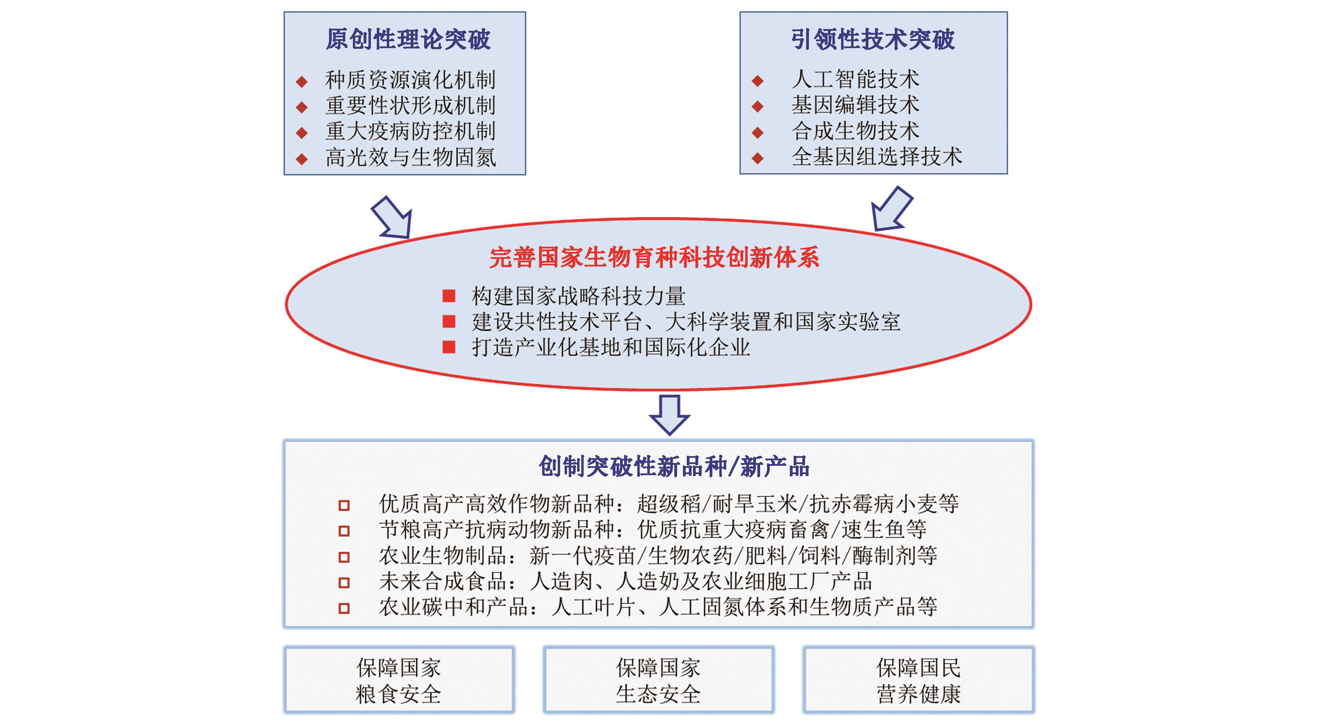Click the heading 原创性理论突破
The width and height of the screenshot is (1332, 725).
(408, 39)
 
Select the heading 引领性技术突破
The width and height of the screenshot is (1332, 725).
(873, 39)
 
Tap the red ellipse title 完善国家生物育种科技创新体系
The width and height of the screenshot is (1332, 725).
(654, 257)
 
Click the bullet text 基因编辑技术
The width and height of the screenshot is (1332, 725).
(855, 105)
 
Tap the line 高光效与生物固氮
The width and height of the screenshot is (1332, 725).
(411, 157)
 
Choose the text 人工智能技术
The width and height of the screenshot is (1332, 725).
(855, 79)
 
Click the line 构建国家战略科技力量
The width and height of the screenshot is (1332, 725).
(578, 296)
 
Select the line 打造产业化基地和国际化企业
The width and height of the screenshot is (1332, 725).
(611, 347)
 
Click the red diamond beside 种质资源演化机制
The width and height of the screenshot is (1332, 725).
(302, 81)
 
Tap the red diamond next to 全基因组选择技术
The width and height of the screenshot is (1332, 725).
(758, 158)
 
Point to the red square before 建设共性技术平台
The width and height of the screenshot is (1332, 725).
(449, 321)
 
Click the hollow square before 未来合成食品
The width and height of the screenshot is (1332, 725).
(344, 583)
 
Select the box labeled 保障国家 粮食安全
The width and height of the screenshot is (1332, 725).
(399, 680)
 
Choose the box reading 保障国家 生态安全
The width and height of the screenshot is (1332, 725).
(658, 680)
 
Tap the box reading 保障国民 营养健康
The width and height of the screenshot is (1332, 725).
(918, 680)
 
